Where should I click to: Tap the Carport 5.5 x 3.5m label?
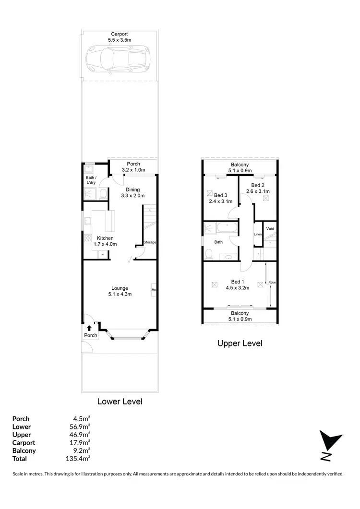(x=119, y=37)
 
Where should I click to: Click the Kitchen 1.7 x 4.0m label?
(x=105, y=241)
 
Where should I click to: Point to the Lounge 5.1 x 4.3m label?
(x=119, y=291)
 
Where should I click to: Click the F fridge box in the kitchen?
(x=103, y=255)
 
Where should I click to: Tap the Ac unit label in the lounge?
(x=154, y=290)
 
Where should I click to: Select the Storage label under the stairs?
(x=150, y=242)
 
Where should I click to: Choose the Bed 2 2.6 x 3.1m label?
(x=258, y=188)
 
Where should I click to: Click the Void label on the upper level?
(x=270, y=229)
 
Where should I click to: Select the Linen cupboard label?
(x=258, y=234)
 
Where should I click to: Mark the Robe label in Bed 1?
(x=272, y=282)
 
